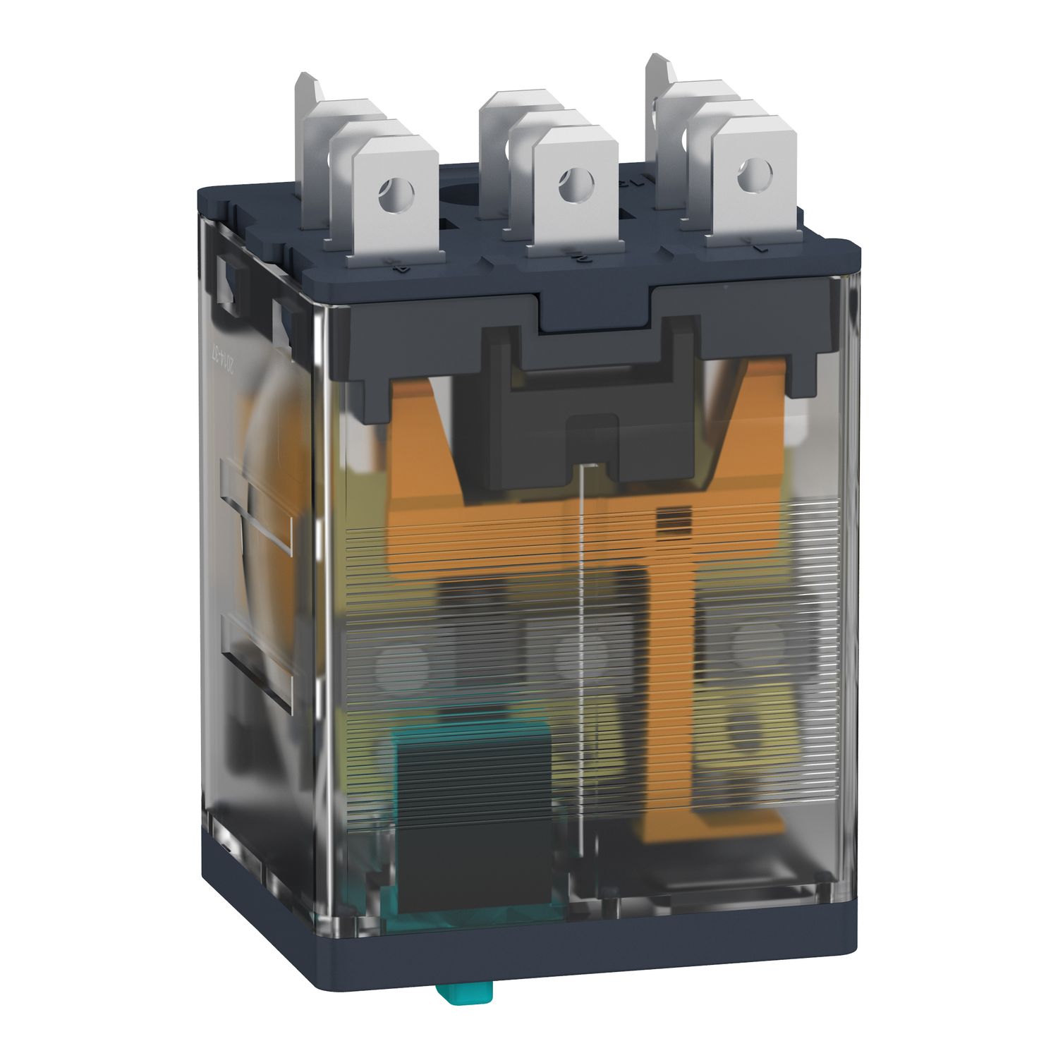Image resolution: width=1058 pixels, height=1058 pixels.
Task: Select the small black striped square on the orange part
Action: pyautogui.click(x=665, y=521)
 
